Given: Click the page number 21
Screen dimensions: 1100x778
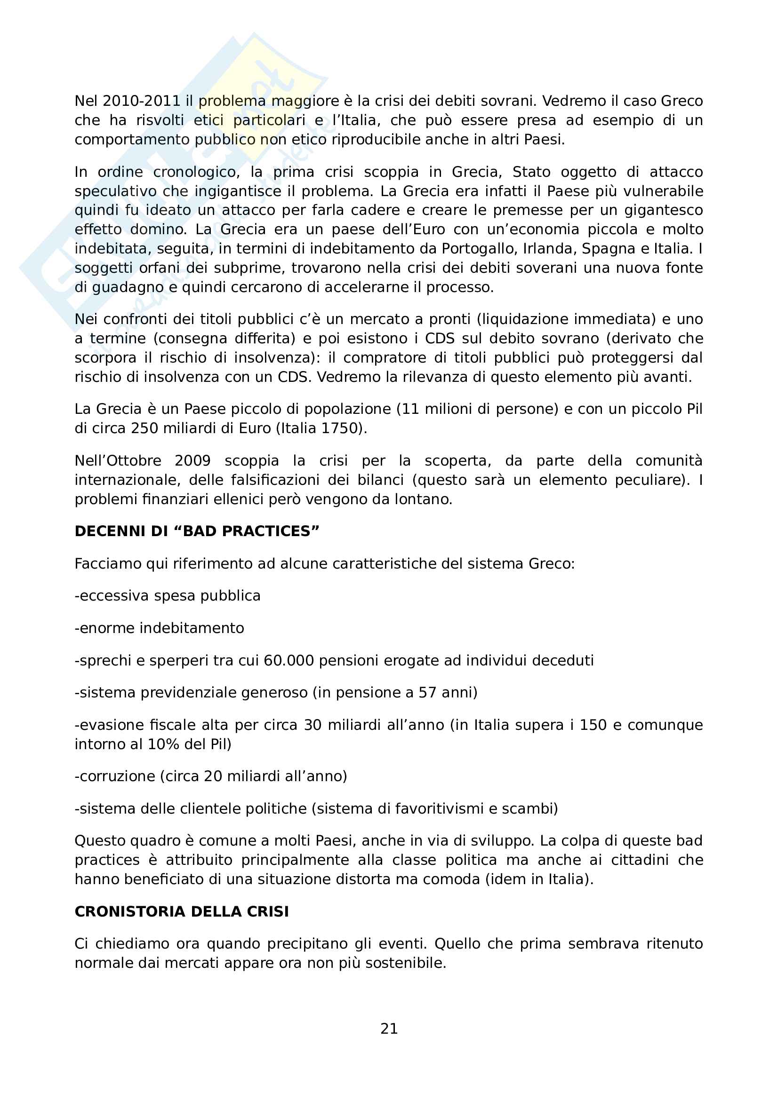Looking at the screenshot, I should tap(389, 1028).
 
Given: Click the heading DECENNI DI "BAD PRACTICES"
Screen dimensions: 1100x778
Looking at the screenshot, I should tap(197, 531).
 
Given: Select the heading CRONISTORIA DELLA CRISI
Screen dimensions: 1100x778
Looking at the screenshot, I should tap(182, 911).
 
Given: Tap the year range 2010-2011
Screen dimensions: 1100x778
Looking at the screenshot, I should tap(141, 101).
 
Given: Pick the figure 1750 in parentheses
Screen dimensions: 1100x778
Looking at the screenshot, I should tap(340, 428).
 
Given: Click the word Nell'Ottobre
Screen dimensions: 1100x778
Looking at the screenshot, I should tap(118, 461).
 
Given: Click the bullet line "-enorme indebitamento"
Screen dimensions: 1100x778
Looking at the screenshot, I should tap(159, 628).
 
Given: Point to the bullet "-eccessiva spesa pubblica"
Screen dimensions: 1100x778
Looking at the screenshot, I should tap(167, 596).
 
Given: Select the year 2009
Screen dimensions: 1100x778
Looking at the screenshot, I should tap(192, 461).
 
